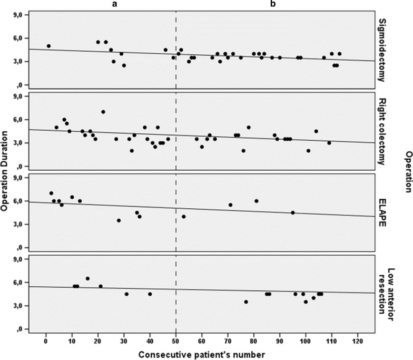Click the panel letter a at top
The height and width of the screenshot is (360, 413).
[114, 4]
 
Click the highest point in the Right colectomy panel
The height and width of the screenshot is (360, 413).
[103, 112]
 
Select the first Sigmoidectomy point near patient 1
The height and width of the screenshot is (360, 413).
[48, 46]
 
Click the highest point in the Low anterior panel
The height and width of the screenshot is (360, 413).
[87, 278]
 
